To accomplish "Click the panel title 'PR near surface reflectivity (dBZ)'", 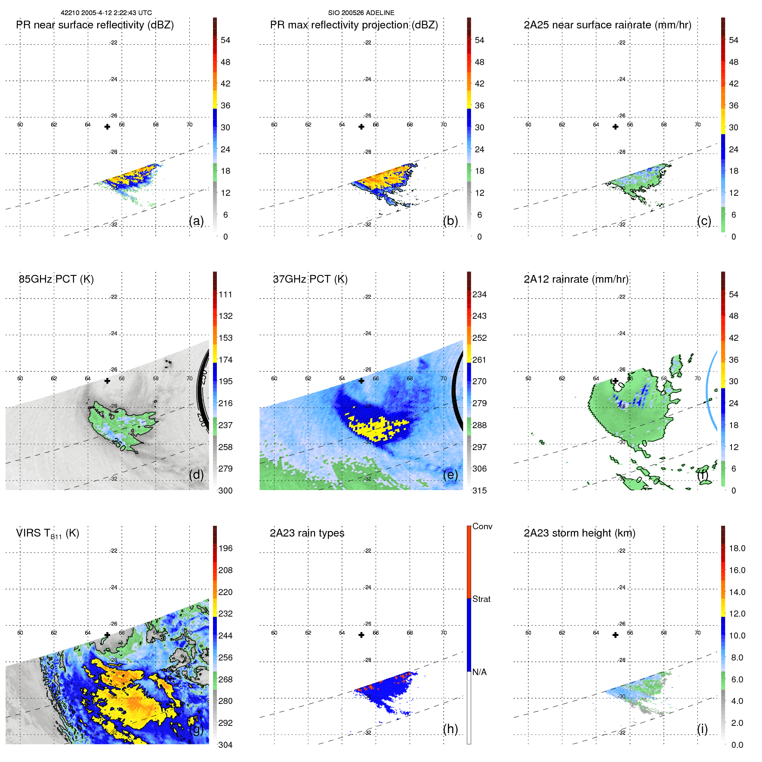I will (95, 25).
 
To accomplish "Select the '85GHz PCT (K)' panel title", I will (56, 279).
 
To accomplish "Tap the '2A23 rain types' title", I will (307, 533).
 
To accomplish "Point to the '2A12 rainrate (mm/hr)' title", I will (576, 279).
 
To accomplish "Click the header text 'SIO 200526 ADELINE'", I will (361, 13).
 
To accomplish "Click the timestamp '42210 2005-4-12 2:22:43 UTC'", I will (106, 13).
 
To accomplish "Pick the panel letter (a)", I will (196, 221).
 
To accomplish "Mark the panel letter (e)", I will (450, 475).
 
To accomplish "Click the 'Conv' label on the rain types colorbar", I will (482, 526).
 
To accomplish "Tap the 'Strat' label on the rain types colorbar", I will (481, 599).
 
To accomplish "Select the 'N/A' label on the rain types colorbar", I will (479, 672).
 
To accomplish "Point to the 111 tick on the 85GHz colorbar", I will (225, 294).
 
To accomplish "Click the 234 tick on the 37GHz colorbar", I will (479, 294).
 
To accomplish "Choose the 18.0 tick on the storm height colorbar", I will (737, 548).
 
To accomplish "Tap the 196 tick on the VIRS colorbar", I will (225, 548).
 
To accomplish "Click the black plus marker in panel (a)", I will (107, 126).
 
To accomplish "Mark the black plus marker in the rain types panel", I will (361, 635).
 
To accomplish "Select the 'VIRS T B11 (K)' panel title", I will (47, 534).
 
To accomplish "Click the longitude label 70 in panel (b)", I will (444, 125).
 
